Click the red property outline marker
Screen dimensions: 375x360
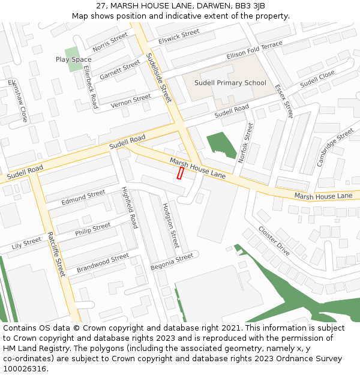179,173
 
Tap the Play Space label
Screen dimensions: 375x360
73,59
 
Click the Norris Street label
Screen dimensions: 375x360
110,41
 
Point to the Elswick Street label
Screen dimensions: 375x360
179,36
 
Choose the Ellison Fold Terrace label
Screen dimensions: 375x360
254,51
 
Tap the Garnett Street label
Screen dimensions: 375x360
119,70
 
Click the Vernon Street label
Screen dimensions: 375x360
131,101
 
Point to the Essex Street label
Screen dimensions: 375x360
283,100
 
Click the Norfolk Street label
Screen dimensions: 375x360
246,142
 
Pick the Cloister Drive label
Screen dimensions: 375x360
274,241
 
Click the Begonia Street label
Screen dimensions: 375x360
172,261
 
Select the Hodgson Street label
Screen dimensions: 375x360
170,225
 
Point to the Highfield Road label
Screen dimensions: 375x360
130,207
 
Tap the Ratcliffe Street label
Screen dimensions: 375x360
55,254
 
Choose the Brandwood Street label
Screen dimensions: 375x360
103,262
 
